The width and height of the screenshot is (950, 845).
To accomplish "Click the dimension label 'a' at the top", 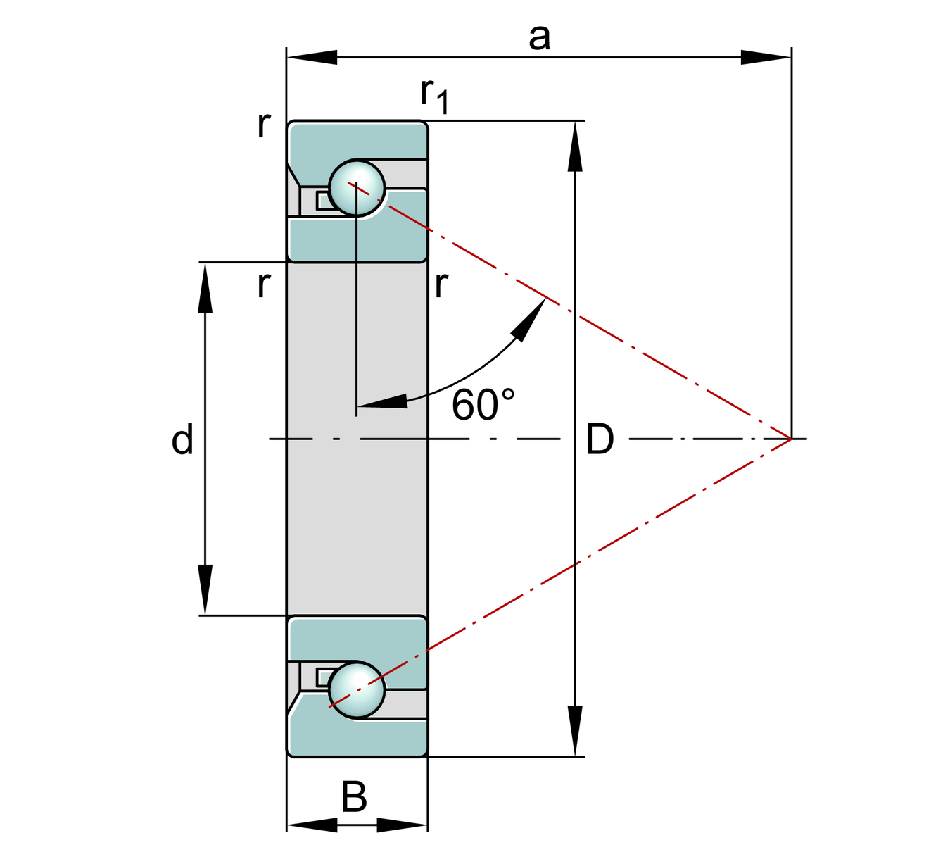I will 539,38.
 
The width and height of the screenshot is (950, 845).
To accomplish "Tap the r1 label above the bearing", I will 433,95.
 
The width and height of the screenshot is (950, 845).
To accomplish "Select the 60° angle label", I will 483,405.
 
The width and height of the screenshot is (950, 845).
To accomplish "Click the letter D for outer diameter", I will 600,439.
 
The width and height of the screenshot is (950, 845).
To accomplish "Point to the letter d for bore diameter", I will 182,439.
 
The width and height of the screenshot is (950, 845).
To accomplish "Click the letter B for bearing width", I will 354,798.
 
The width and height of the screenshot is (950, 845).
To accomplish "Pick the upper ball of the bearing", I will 357,188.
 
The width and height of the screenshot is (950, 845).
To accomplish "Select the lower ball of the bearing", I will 357,689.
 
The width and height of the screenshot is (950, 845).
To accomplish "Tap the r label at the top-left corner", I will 264,125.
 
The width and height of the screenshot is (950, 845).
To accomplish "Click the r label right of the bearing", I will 441,284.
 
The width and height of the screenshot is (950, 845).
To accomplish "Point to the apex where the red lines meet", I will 791,439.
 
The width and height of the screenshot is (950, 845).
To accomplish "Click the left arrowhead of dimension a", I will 312,57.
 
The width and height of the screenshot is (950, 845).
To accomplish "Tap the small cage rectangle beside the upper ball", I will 324,201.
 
